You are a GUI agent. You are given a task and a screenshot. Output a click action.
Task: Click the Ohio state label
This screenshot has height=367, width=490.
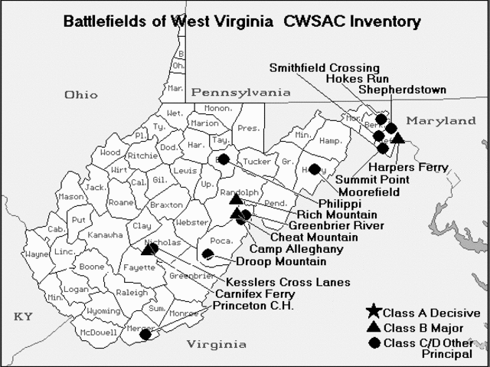pyautogui.click(x=81, y=95)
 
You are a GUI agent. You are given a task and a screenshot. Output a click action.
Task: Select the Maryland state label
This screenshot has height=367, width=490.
pyautogui.click(x=441, y=121)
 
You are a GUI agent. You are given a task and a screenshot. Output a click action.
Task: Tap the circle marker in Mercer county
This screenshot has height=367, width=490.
pyautogui.click(x=145, y=334)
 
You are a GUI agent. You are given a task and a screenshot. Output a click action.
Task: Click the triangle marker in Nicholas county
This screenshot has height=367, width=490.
pyautogui.click(x=147, y=247)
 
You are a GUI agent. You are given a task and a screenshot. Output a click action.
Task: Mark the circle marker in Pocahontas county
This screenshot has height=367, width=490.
pyautogui.click(x=207, y=254)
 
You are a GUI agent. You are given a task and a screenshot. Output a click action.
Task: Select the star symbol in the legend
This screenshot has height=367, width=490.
pyautogui.click(x=373, y=313)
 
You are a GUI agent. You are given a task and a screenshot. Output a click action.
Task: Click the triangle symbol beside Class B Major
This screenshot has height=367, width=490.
pyautogui.click(x=373, y=327)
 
